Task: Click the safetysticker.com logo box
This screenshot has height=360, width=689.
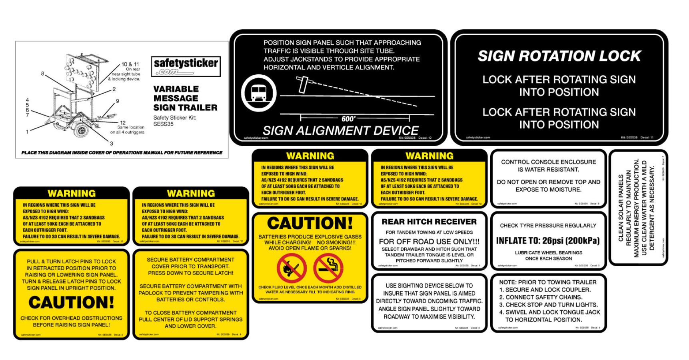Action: (186, 66)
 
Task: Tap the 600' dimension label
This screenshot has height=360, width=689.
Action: (348, 119)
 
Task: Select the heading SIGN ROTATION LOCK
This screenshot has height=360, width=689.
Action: (559, 56)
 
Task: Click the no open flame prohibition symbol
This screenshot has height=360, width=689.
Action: (292, 268)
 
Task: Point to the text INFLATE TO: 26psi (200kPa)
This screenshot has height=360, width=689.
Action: (548, 241)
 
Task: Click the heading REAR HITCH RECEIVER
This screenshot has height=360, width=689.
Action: (429, 222)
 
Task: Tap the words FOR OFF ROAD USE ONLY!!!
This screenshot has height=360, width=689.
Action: (429, 242)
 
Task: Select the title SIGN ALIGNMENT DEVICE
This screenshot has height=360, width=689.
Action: (340, 131)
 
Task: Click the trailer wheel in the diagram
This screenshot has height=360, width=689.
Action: (82, 130)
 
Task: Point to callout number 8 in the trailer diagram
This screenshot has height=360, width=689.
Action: (42, 74)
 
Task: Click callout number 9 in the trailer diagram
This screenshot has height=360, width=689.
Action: (118, 101)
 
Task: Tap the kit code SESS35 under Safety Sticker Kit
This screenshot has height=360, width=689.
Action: (163, 124)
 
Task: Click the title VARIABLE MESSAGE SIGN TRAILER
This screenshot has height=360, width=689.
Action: (185, 98)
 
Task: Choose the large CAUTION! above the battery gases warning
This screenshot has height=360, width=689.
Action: (310, 223)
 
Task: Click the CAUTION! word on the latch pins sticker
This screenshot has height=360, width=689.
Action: (71, 302)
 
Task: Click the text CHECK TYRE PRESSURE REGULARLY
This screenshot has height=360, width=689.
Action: (548, 226)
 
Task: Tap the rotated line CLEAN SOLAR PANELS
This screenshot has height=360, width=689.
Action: (621, 208)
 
